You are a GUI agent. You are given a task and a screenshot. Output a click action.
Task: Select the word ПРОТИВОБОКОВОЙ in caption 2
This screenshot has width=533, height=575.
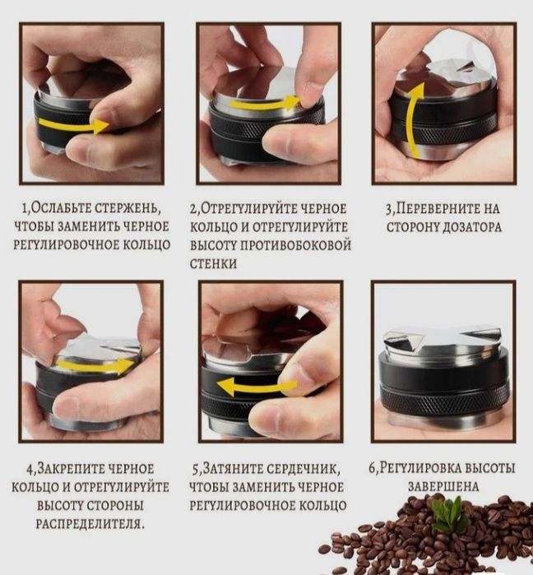click(x=295, y=245)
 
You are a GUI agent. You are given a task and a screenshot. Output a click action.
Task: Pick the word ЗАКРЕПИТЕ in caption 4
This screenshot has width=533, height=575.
click(x=79, y=469)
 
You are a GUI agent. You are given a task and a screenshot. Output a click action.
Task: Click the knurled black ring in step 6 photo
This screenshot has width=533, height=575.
click(x=444, y=401)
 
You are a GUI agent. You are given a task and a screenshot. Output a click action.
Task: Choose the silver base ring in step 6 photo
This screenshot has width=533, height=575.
click(x=444, y=424)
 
